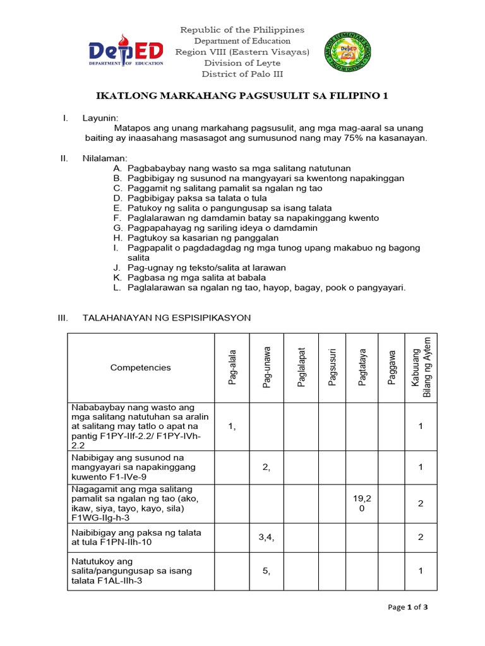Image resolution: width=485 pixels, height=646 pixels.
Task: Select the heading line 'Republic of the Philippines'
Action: pos(242,30)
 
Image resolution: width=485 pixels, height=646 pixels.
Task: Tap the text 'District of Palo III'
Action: pos(242,74)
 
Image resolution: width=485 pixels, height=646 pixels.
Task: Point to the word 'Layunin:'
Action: pos(100,118)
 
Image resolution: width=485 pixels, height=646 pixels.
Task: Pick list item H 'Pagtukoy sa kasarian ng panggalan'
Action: pos(196,238)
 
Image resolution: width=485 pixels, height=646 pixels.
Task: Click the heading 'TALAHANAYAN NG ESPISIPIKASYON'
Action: pos(167,318)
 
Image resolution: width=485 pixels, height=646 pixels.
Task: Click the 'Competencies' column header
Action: pos(140,368)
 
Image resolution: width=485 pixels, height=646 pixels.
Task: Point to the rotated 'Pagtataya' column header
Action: pos(362,367)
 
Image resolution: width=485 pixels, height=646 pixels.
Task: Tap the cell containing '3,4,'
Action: pos(266,537)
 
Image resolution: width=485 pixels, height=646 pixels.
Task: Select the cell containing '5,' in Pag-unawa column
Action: pos(266,571)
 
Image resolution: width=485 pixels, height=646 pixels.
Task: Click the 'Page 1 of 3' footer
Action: pos(408,608)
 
